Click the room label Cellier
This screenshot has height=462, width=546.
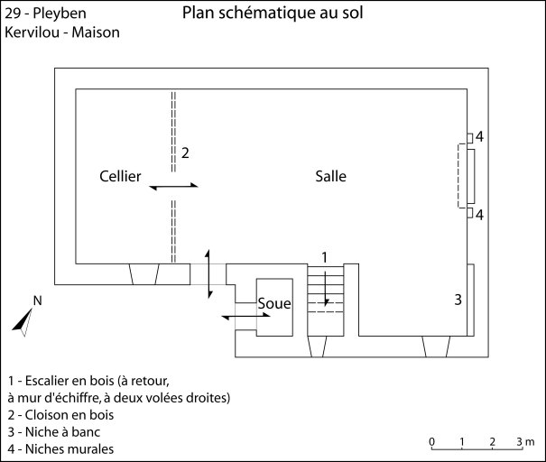(x=120, y=177)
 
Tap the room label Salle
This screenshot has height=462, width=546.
(x=330, y=176)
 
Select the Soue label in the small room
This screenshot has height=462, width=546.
(x=274, y=304)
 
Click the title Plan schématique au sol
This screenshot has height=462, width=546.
(x=273, y=14)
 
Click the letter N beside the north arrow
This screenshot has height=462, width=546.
(x=37, y=300)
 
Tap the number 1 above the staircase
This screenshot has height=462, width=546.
(x=324, y=258)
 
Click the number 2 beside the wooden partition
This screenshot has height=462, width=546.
(x=184, y=152)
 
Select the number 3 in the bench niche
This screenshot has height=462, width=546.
(x=458, y=300)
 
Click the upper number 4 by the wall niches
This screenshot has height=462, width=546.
(x=480, y=137)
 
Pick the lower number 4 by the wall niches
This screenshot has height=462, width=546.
(x=480, y=215)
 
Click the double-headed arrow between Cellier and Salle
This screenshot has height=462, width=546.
(x=174, y=186)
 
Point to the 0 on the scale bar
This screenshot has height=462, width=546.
(x=432, y=441)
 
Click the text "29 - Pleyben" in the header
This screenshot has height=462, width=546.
(x=42, y=14)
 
